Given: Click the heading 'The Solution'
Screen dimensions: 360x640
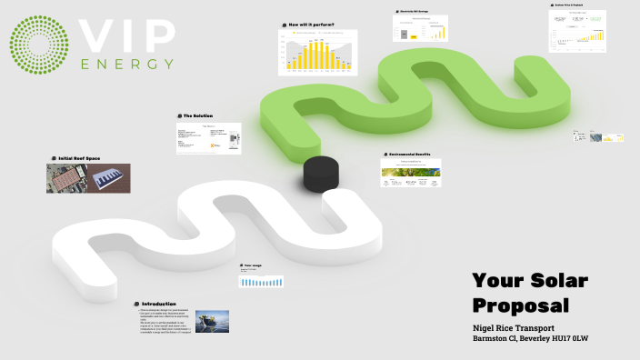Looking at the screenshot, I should coord(199,116).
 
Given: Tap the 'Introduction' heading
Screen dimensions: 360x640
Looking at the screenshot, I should coord(158,304).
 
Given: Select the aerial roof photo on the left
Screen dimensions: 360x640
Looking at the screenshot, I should coord(66,178).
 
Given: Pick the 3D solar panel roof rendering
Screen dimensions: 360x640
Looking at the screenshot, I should coord(109,178).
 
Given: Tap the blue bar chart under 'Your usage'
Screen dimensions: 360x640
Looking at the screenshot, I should coord(262,282).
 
